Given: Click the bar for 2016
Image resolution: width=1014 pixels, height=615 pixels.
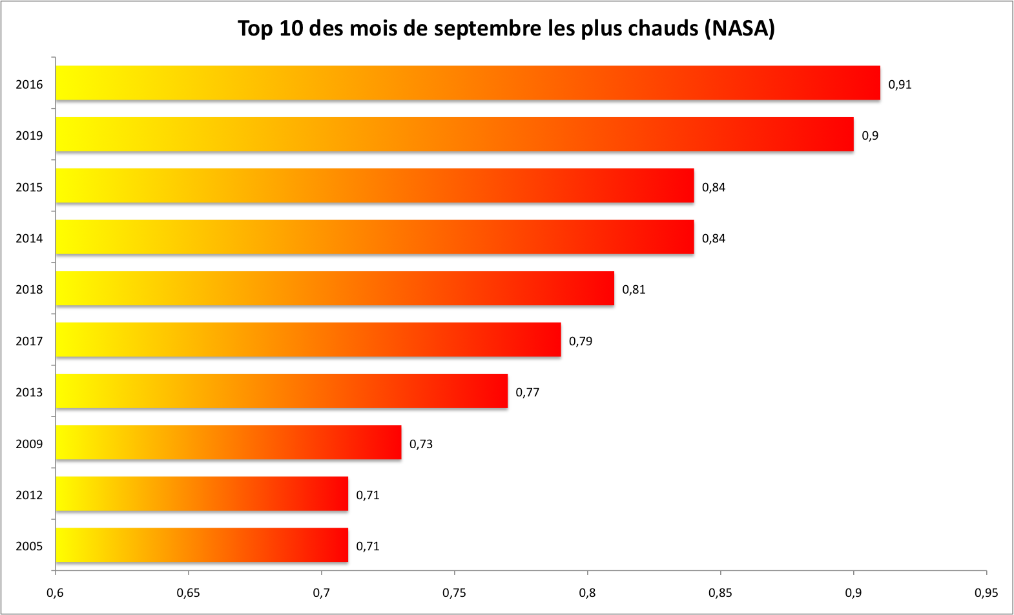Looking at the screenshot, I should pyautogui.click(x=468, y=83).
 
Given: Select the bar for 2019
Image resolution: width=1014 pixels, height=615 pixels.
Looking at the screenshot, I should pyautogui.click(x=454, y=135).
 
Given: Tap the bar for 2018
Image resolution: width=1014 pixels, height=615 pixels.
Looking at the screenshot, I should pyautogui.click(x=335, y=288).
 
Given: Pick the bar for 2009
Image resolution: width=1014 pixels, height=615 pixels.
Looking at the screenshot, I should pyautogui.click(x=228, y=442).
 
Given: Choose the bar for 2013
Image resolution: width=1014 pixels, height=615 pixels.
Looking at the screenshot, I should pyautogui.click(x=282, y=391).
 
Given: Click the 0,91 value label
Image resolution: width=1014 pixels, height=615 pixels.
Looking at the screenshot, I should pyautogui.click(x=900, y=85).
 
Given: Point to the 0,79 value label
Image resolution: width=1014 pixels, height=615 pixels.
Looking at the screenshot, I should pyautogui.click(x=580, y=341).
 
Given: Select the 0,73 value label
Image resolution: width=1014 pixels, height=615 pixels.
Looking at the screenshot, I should pyautogui.click(x=420, y=444).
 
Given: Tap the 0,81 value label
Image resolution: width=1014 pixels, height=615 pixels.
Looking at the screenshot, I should pyautogui.click(x=634, y=290).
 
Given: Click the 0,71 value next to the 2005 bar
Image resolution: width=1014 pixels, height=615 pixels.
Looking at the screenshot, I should pyautogui.click(x=367, y=546).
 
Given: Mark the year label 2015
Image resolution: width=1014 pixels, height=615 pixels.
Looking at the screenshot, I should pyautogui.click(x=29, y=188).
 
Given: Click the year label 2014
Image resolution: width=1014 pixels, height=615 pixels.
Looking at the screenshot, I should pyautogui.click(x=29, y=239).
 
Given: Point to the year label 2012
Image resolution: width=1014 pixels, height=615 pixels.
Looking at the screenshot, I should pyautogui.click(x=29, y=495).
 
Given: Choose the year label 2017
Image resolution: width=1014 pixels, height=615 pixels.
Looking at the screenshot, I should pyautogui.click(x=29, y=341).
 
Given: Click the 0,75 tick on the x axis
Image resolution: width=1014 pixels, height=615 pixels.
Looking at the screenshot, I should pyautogui.click(x=454, y=593).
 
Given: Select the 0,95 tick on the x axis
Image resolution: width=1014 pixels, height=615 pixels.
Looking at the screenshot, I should pyautogui.click(x=986, y=593).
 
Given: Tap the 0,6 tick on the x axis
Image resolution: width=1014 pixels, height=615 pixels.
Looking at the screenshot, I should pyautogui.click(x=56, y=593).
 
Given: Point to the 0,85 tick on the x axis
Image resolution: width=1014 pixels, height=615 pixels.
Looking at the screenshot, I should pyautogui.click(x=720, y=593).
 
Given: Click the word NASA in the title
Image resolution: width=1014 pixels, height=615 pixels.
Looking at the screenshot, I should pyautogui.click(x=740, y=28).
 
